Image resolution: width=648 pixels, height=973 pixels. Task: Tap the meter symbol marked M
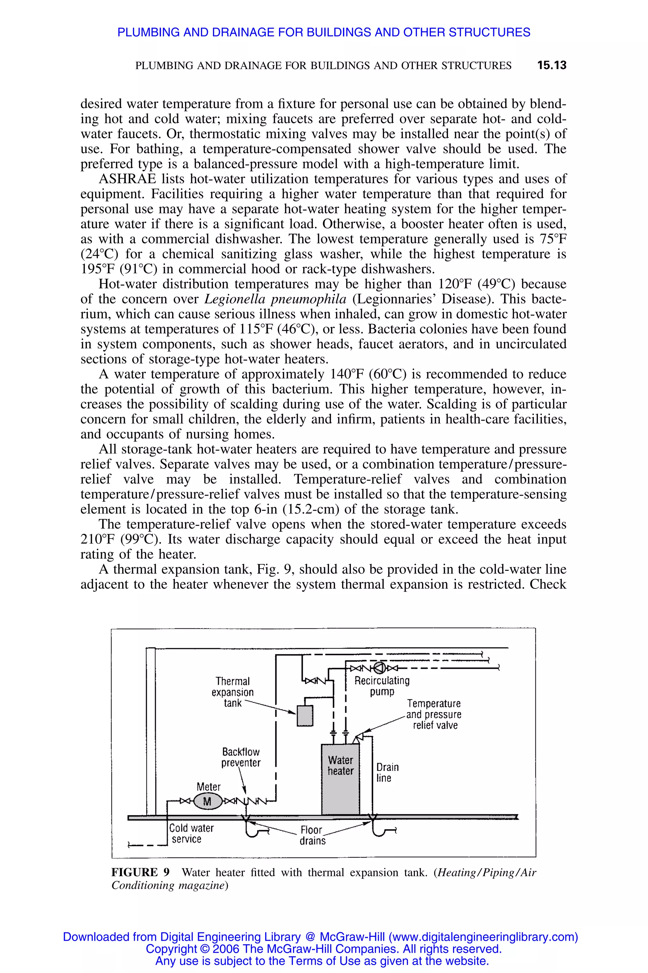click(208, 801)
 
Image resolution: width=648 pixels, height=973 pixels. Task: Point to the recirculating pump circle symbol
click(379, 668)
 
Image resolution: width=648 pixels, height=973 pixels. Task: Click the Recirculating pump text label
click(382, 686)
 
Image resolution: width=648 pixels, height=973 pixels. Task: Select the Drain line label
click(387, 773)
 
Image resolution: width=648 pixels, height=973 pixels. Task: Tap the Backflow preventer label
click(241, 757)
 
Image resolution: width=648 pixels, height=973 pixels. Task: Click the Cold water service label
click(191, 833)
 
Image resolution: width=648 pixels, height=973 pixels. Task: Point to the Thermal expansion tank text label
click(233, 692)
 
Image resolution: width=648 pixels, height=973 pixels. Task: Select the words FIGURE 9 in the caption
click(140, 872)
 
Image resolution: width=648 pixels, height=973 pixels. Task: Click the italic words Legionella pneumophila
click(276, 299)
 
